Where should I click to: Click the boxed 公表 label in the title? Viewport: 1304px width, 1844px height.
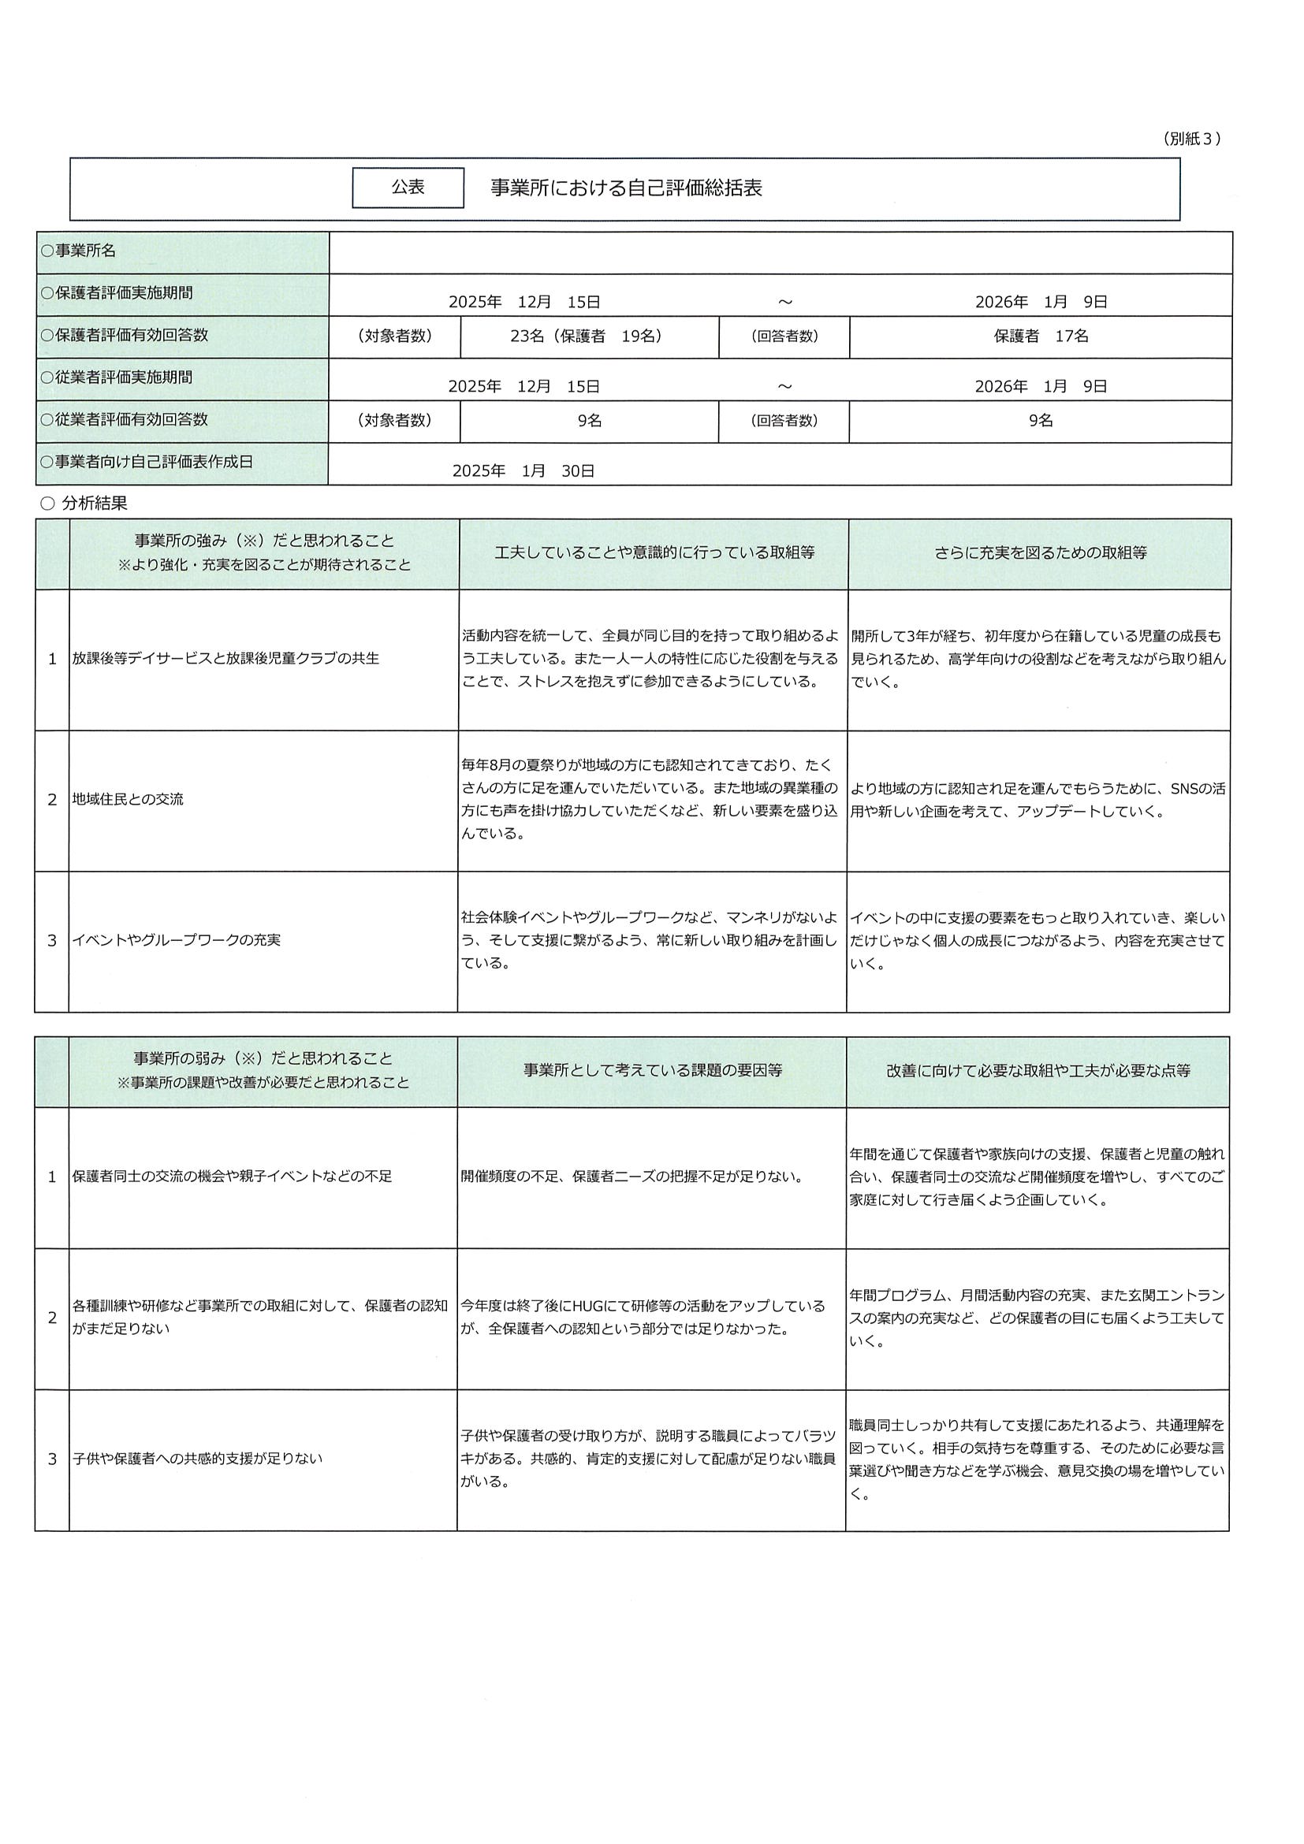coord(408,188)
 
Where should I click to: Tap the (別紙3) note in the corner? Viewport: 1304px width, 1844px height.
coord(1190,139)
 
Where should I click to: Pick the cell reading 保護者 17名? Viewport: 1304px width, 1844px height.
coord(1041,336)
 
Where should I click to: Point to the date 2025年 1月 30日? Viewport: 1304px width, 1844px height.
coord(523,471)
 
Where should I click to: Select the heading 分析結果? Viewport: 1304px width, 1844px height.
coord(94,504)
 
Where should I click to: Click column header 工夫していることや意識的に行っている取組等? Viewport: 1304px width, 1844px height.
coord(654,552)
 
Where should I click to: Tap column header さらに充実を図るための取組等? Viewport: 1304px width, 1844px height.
coord(1040,552)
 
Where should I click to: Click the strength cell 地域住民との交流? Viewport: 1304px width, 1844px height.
coord(129,799)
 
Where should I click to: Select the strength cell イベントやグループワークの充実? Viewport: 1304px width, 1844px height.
coord(177,939)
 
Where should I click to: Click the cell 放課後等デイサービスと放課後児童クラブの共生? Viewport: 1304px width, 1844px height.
coord(225,659)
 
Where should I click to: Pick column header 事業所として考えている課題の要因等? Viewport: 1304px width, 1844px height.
coord(653,1070)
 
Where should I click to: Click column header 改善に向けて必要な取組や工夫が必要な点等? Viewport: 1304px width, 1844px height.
coord(1038,1070)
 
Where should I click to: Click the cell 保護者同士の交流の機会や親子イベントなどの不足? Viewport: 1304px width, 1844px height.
coord(233,1177)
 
